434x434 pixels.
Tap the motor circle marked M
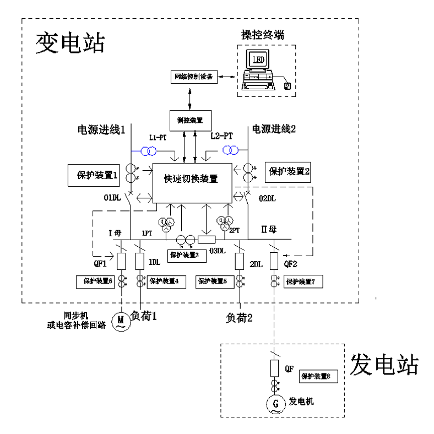pyautogui.click(x=119, y=321)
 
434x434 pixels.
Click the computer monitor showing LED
pyautogui.click(x=258, y=59)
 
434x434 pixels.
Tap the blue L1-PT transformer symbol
pyautogui.click(x=150, y=150)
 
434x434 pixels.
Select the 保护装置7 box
pyautogui.click(x=303, y=282)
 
